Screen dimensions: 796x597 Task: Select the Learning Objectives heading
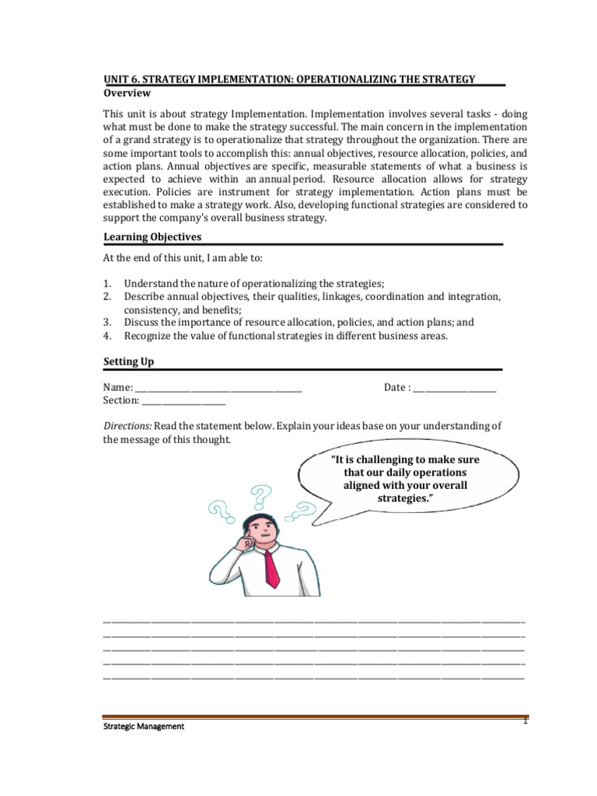click(x=152, y=236)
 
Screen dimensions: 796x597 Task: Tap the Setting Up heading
click(x=129, y=361)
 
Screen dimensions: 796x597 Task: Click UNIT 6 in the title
click(x=123, y=79)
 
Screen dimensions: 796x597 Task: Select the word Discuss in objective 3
click(x=143, y=323)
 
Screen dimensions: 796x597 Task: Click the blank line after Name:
click(x=218, y=389)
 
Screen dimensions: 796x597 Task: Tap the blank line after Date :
click(x=454, y=389)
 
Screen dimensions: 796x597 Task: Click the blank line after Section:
click(x=183, y=401)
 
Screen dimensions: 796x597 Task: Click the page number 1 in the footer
click(x=525, y=721)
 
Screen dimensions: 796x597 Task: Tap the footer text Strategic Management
click(x=144, y=727)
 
